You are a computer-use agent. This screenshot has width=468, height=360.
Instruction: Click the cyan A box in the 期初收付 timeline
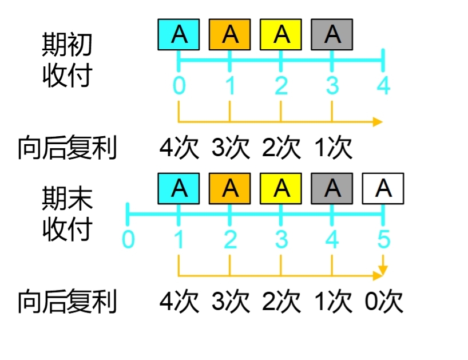(179, 35)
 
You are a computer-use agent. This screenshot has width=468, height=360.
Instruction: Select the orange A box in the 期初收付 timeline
(230, 35)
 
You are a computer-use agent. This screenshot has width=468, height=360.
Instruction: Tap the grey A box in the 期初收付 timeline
(332, 35)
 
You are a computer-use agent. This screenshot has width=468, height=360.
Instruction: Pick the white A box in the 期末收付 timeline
(383, 188)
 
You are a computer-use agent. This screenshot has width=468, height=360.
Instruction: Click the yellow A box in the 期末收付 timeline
(281, 188)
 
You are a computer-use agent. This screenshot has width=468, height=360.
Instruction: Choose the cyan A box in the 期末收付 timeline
(179, 188)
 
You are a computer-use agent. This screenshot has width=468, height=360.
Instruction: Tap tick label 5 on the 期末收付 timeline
(383, 239)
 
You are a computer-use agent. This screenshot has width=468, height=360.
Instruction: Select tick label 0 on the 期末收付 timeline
(128, 239)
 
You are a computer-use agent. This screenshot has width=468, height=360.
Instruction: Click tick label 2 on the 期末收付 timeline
(230, 239)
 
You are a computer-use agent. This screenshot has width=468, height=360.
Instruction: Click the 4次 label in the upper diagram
(179, 148)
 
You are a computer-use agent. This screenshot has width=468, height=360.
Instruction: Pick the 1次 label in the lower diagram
(333, 302)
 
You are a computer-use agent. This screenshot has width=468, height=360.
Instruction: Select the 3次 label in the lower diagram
(231, 302)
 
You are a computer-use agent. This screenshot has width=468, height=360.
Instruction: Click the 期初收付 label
(67, 59)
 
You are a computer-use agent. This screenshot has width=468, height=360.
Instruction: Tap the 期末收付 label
(67, 214)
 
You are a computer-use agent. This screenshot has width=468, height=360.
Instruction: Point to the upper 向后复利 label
(67, 148)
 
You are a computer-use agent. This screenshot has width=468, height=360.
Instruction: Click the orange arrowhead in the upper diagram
(378, 121)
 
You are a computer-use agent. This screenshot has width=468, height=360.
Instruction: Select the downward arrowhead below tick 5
(383, 268)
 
